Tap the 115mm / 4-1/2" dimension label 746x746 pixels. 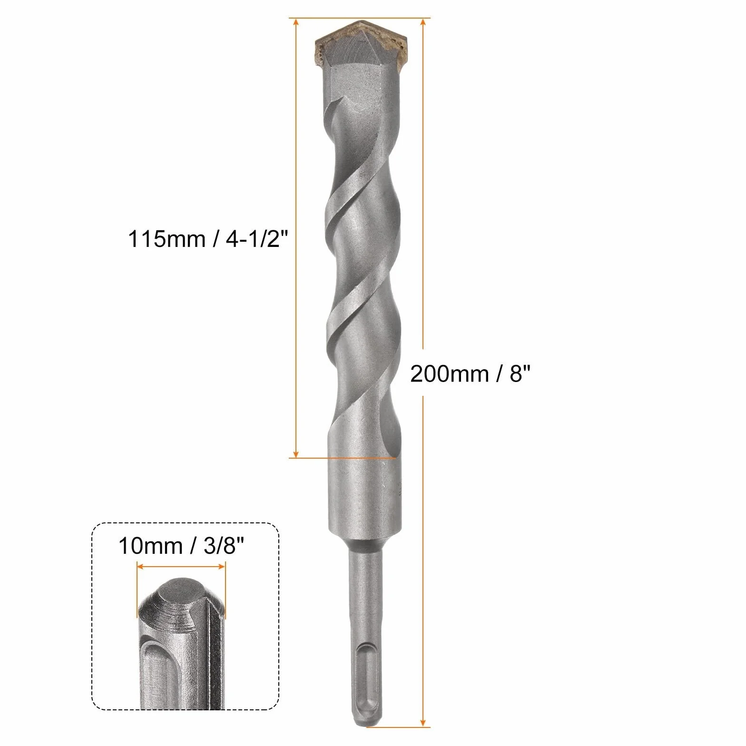coord(208,239)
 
